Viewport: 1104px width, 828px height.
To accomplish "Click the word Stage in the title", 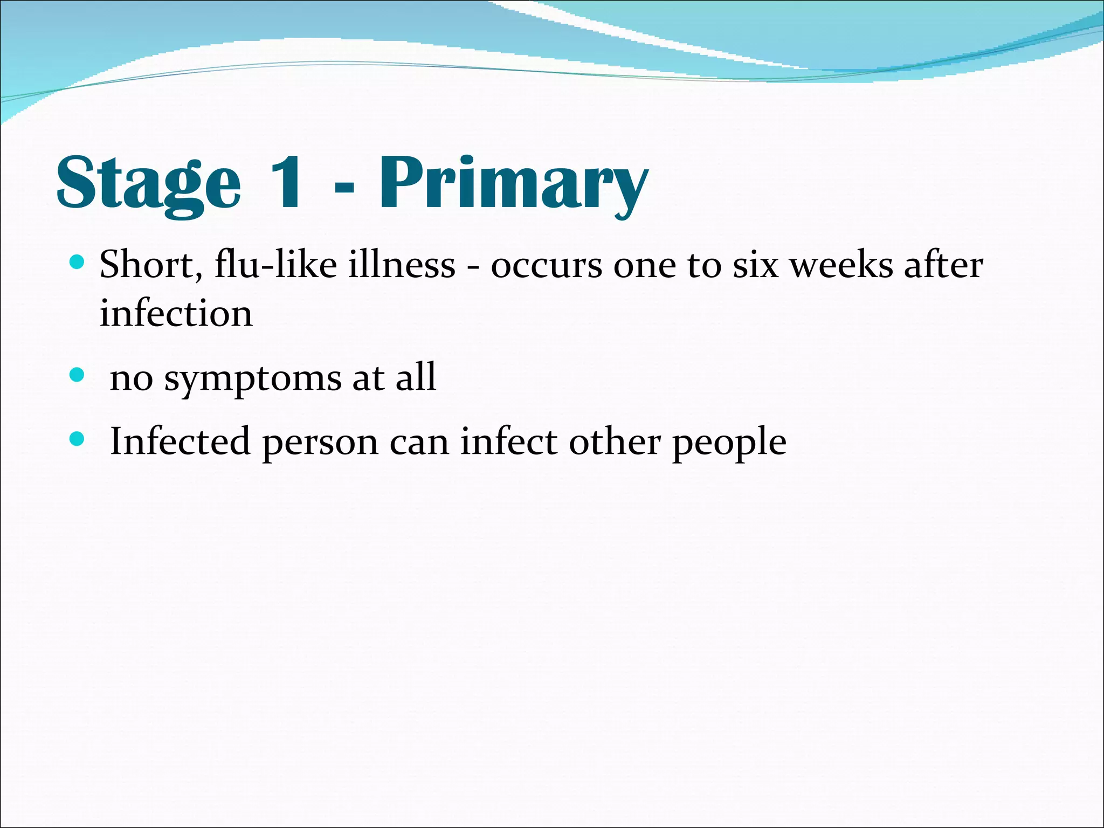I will point(148,183).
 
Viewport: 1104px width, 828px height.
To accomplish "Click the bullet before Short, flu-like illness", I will point(78,263).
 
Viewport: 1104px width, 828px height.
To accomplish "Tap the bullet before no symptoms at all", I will point(78,375).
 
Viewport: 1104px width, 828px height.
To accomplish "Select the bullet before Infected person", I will point(78,439).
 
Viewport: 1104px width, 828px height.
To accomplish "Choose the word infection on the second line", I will point(176,313).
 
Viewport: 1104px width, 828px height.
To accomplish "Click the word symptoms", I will point(253,379).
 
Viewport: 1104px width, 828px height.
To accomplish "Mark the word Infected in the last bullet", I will point(180,441).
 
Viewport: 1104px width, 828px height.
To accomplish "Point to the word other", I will point(615,441).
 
